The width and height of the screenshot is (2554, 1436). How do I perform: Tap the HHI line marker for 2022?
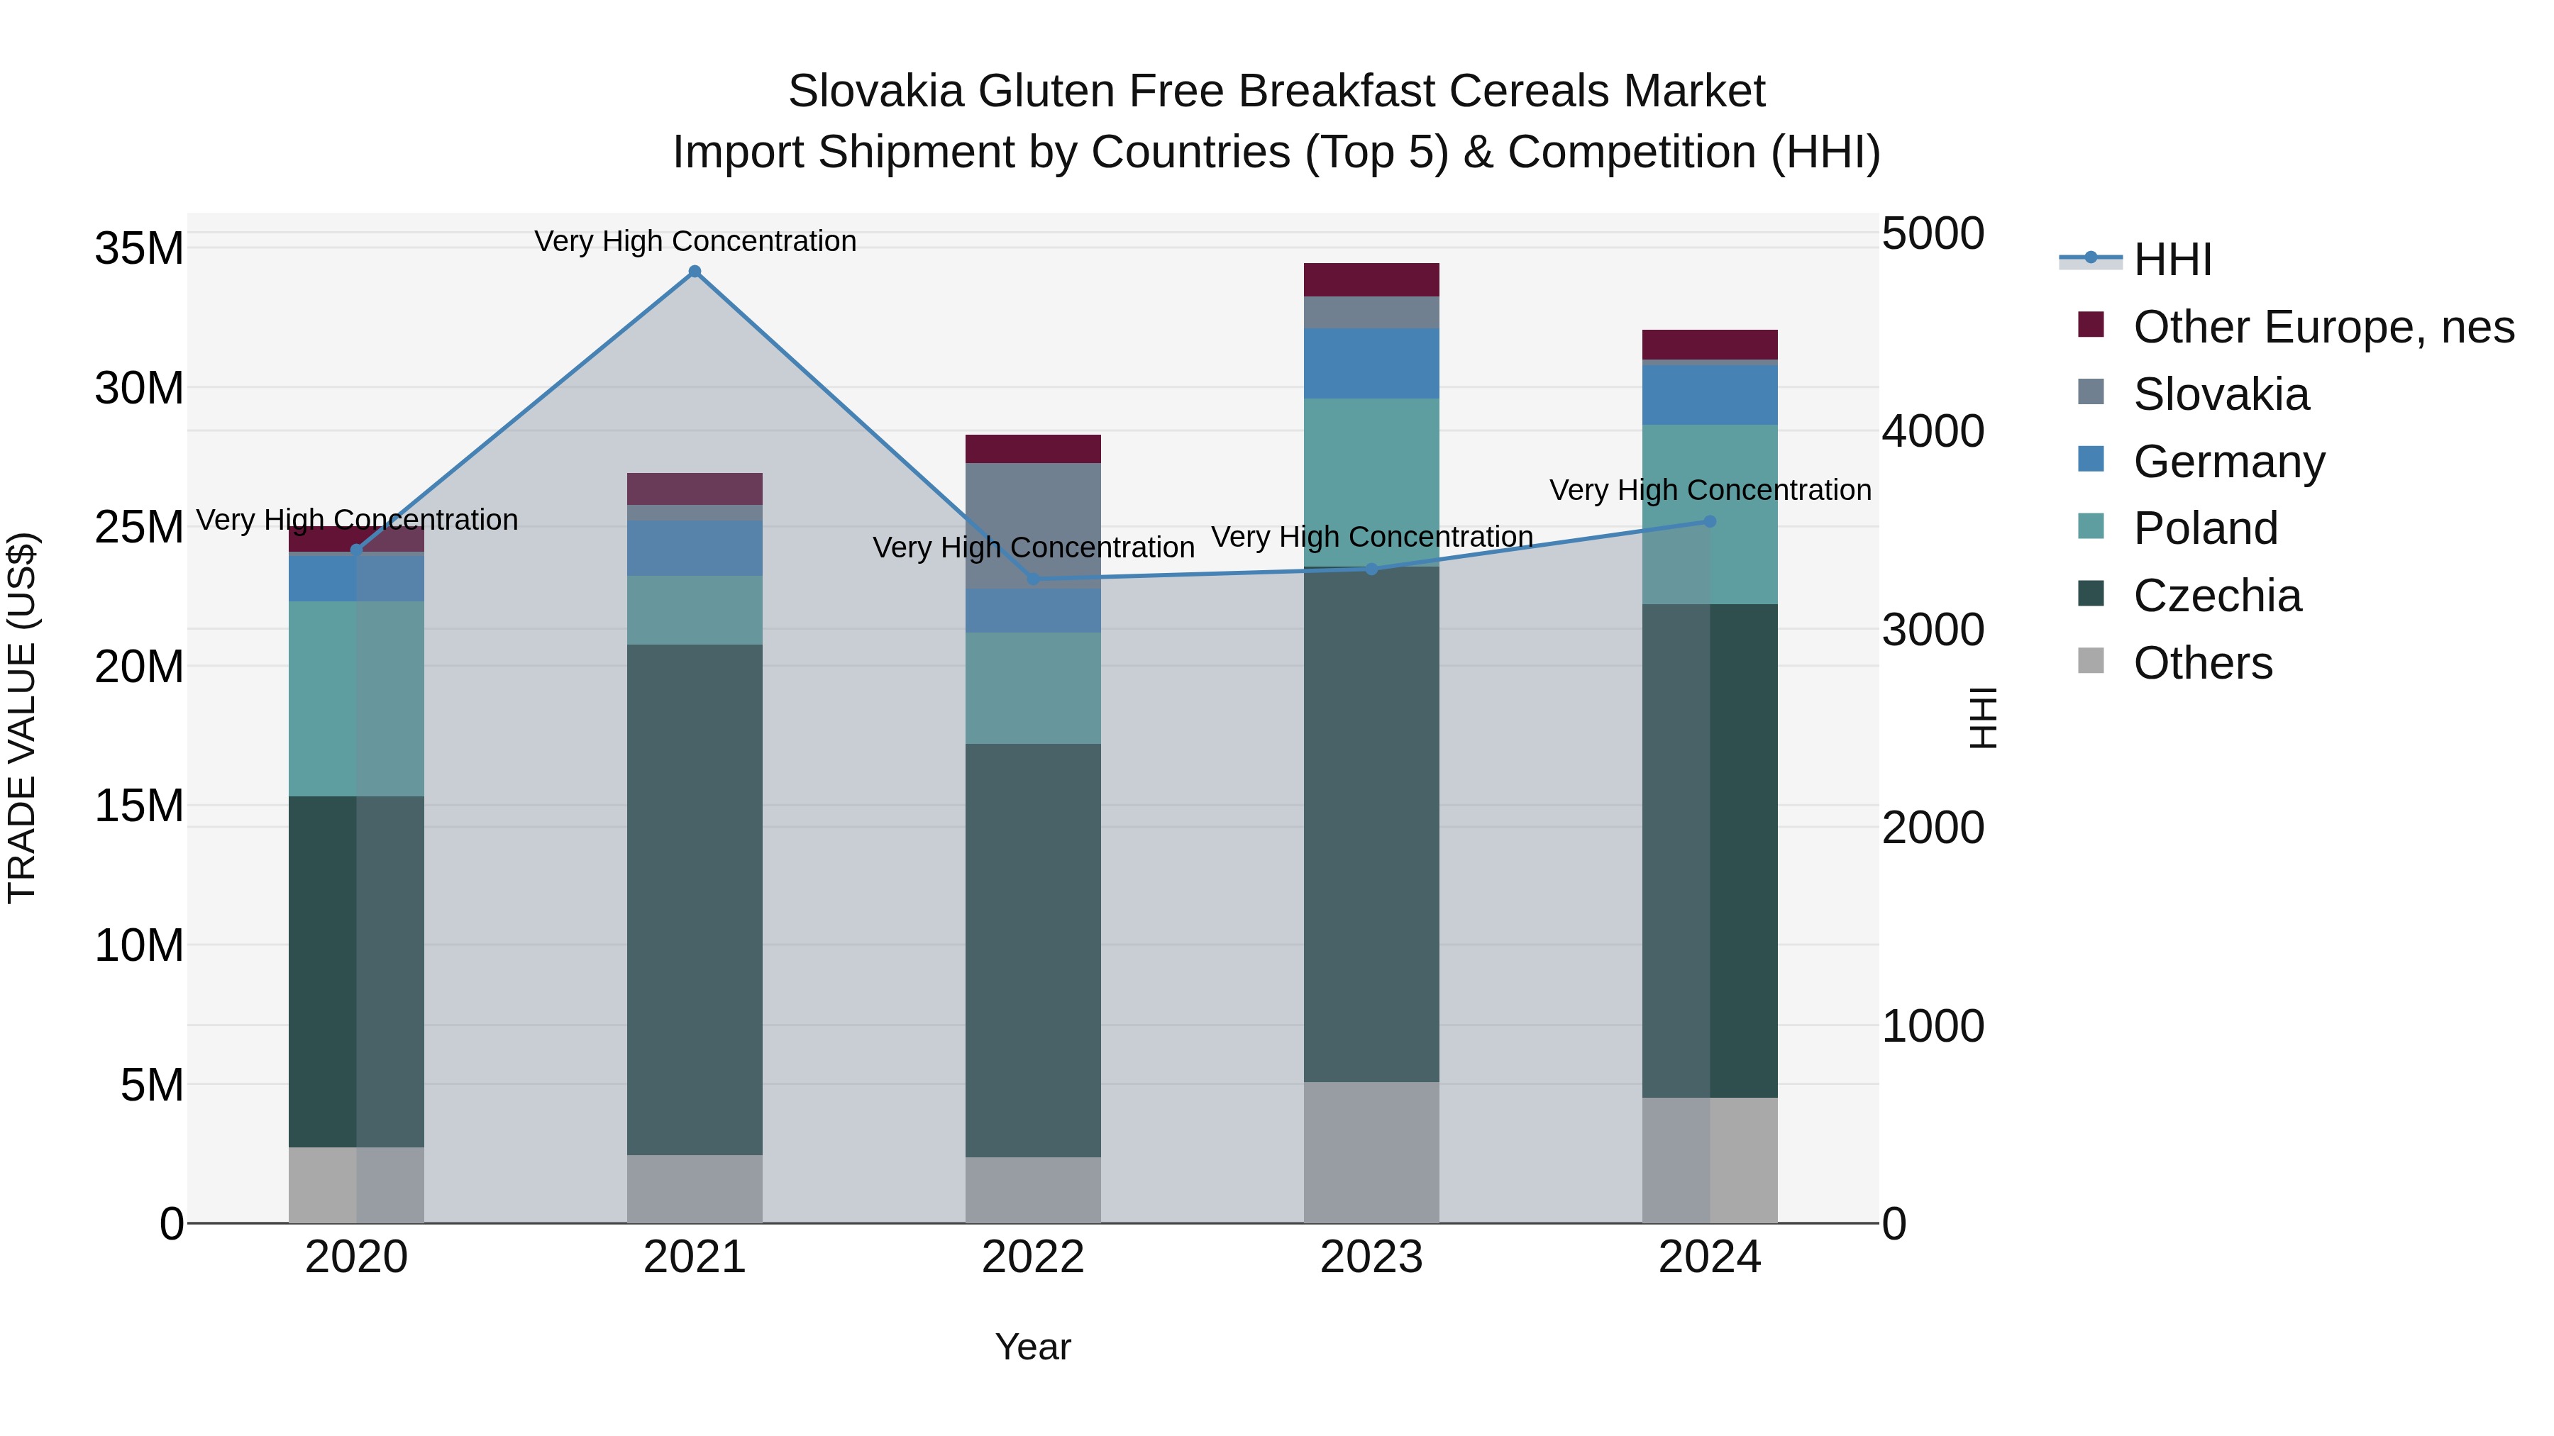[1033, 579]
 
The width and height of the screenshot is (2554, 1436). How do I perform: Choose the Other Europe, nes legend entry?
[2322, 327]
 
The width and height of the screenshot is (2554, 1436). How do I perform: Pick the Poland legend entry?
[2205, 528]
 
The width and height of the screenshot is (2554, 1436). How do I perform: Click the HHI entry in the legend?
[2172, 260]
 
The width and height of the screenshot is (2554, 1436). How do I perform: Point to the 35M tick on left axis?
[139, 247]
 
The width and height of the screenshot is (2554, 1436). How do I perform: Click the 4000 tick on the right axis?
[1933, 431]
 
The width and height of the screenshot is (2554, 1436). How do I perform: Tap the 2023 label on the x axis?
[1371, 1257]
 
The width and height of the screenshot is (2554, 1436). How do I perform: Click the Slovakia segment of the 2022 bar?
[1033, 525]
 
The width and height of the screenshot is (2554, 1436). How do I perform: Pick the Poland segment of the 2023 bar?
[1371, 482]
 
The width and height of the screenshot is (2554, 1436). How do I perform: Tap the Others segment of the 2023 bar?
[1371, 1152]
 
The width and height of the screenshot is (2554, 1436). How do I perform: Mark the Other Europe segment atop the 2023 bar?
[1371, 279]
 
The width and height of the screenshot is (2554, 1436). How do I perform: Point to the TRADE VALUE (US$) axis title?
[22, 718]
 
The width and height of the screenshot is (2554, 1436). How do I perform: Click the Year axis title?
[1033, 1347]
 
